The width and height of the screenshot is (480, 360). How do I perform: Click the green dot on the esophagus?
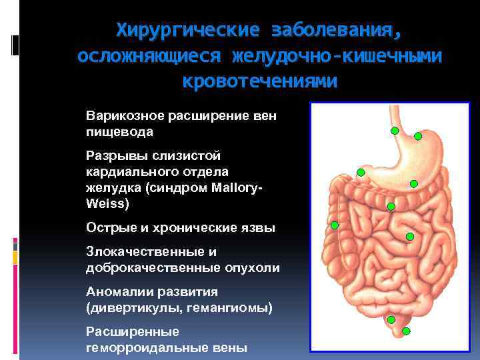(x=395, y=131)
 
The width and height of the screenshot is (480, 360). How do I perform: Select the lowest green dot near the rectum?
(x=406, y=331)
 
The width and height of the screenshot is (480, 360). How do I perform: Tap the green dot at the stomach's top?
(x=418, y=136)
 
